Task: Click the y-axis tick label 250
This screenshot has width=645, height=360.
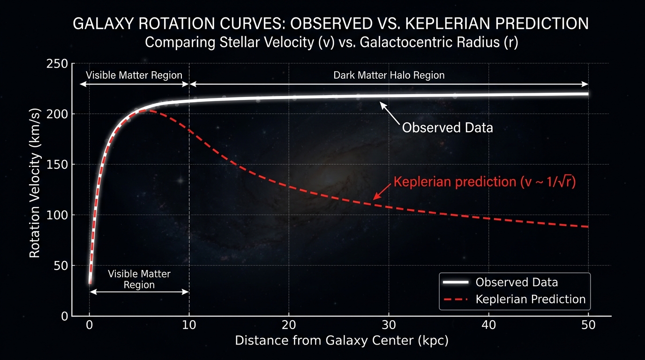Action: point(58,64)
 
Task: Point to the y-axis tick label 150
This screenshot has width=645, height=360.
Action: point(58,165)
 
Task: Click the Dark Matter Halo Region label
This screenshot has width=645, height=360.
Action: point(389,75)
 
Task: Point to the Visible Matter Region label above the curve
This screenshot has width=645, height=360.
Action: point(134,75)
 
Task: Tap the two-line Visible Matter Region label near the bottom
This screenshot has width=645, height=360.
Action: point(139,279)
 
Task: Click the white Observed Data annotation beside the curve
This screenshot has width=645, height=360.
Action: point(448,127)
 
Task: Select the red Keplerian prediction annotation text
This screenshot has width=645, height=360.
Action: point(484,182)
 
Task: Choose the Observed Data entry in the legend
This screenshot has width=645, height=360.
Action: point(517,282)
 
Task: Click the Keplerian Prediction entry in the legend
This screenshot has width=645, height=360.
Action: point(530,299)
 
